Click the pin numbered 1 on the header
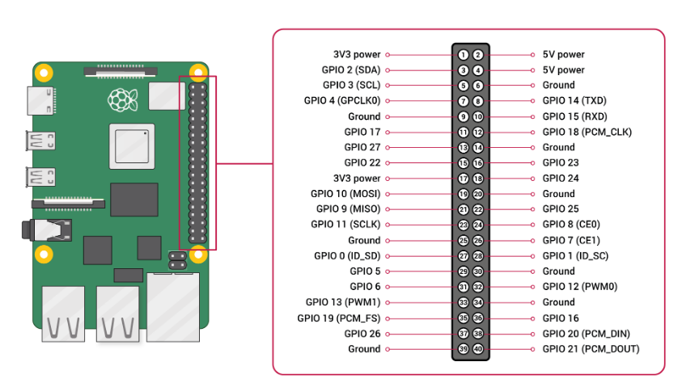[463, 55]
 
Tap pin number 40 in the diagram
[478, 349]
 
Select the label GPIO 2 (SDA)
[351, 70]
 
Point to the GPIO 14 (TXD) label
[574, 101]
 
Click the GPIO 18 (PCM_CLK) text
[587, 132]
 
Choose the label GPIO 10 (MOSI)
[345, 194]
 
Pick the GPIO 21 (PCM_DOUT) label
[591, 349]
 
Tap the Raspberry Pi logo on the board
[123, 99]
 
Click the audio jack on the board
[47, 230]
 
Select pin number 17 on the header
[463, 179]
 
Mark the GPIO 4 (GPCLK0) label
[342, 101]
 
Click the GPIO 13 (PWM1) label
[343, 302]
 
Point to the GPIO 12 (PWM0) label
[580, 287]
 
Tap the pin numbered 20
[478, 194]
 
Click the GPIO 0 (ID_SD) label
[347, 256]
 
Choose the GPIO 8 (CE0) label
[571, 225]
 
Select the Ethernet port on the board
[173, 307]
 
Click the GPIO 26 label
[362, 334]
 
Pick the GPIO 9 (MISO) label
[349, 208]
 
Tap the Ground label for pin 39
[364, 349]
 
